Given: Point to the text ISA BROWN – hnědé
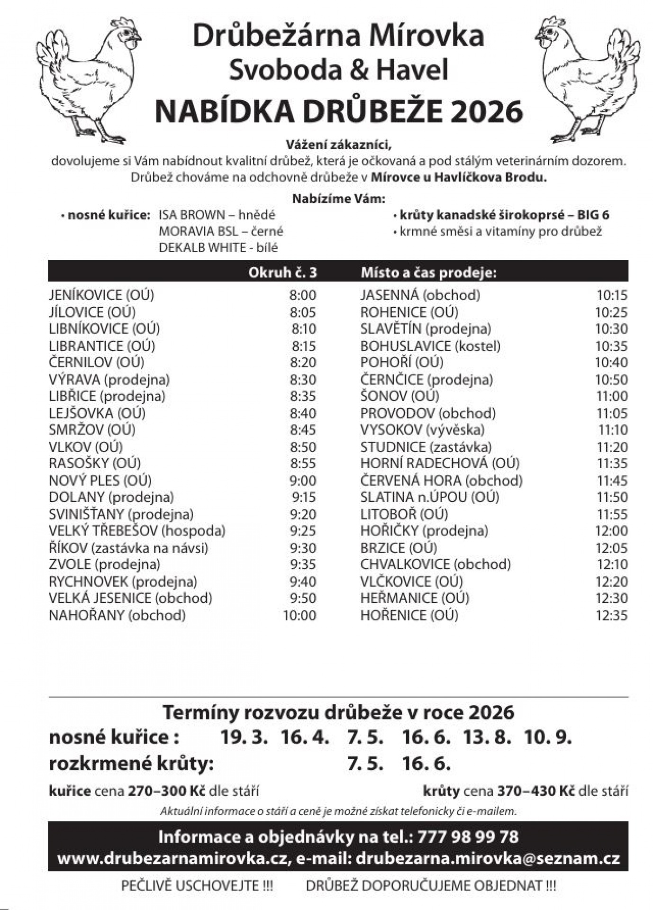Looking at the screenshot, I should click(x=217, y=215).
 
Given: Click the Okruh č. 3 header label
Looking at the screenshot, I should click(x=282, y=273).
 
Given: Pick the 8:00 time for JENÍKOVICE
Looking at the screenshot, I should click(x=302, y=295).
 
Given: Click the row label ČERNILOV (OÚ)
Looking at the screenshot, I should click(x=96, y=363).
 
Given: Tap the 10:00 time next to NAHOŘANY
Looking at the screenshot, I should click(x=299, y=615).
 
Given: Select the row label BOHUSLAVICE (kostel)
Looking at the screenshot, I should click(x=430, y=346).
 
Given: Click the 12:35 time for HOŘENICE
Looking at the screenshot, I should click(x=611, y=615).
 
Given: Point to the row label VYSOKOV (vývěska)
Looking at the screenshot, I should click(x=422, y=430).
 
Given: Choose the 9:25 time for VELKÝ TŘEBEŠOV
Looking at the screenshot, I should click(x=303, y=531).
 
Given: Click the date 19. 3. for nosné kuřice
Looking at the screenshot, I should click(x=245, y=737).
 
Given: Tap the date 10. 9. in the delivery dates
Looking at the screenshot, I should click(x=548, y=737).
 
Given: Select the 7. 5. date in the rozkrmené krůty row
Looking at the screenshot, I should click(x=365, y=764).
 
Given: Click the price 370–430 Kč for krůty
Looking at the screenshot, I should click(x=535, y=791).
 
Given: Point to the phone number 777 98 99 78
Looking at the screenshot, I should click(x=468, y=837).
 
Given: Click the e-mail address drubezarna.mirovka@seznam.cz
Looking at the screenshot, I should click(x=488, y=858).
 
